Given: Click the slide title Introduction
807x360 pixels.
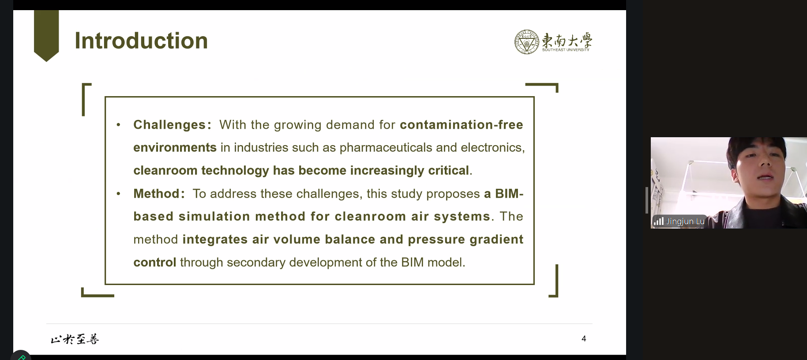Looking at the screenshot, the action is click(x=141, y=41).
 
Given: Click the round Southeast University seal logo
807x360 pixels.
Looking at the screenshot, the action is click(x=527, y=42).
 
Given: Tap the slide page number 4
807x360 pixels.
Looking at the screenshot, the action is click(x=584, y=339).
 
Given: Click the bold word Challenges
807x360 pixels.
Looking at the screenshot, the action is click(x=169, y=125).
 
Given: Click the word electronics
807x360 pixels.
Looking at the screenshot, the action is click(x=491, y=147).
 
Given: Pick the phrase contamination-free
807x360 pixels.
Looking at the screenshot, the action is click(x=462, y=125).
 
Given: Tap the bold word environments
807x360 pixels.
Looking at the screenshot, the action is click(x=175, y=147).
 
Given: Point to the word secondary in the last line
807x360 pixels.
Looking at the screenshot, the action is click(x=256, y=262).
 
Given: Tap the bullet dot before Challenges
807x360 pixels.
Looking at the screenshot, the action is click(x=118, y=125).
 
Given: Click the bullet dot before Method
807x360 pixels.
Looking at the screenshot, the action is click(x=118, y=194).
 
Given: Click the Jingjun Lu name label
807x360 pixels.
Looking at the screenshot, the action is click(x=685, y=221).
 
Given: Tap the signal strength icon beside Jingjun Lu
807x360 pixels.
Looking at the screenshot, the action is click(x=659, y=221).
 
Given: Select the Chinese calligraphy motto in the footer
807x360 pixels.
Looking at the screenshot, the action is click(x=75, y=339).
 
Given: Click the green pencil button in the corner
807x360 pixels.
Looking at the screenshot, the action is click(x=20, y=356).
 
